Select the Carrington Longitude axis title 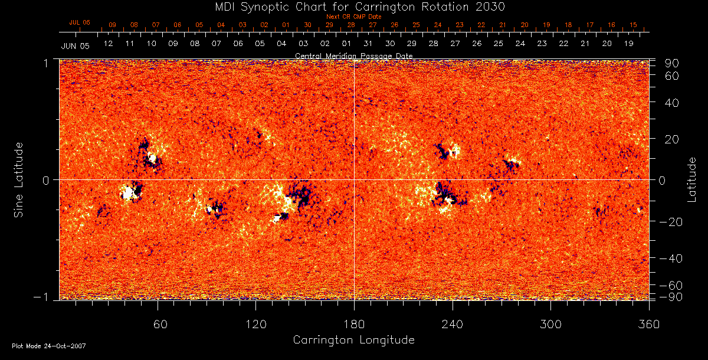[353, 340]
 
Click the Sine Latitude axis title [19, 179]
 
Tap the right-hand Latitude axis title [691, 179]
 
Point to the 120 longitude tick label [256, 324]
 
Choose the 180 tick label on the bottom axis [354, 324]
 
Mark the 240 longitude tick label [453, 324]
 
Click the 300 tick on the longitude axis [550, 324]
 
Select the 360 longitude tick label [648, 324]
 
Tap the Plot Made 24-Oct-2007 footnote [49, 346]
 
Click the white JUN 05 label [75, 45]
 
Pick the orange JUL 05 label [80, 22]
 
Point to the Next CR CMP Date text [354, 17]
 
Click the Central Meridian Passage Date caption [353, 55]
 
